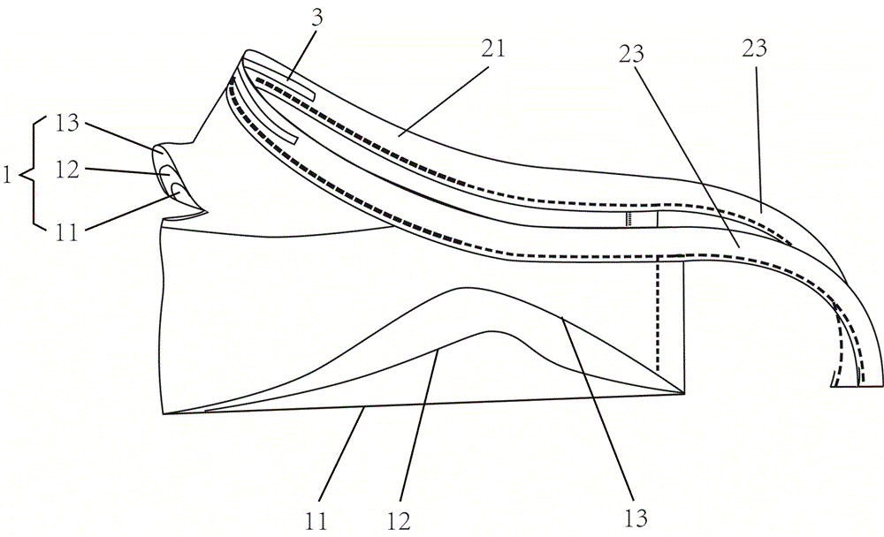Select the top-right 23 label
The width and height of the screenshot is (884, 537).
[x=756, y=49]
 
